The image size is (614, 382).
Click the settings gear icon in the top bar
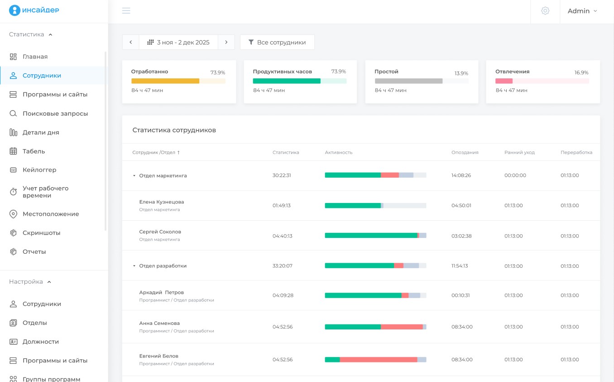545,11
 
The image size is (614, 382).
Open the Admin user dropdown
582,11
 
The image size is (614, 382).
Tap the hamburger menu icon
126,11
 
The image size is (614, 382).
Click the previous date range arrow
131,42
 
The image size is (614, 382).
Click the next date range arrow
226,42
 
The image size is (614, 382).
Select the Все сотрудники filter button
277,42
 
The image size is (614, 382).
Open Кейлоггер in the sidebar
39,170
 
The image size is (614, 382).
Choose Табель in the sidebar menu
34,151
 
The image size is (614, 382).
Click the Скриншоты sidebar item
41,233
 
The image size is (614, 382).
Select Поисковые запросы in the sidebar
55,114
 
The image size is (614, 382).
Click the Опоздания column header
465,152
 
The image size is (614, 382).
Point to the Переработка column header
576,152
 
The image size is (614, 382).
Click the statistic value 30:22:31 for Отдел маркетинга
282,175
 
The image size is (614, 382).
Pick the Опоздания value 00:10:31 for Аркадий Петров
460,295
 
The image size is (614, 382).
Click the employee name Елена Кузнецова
162,202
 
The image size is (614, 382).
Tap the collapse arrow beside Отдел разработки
134,266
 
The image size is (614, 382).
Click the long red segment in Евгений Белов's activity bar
379,359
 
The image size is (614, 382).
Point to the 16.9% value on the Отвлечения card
581,73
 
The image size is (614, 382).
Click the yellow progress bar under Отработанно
165,81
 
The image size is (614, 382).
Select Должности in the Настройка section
41,342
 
